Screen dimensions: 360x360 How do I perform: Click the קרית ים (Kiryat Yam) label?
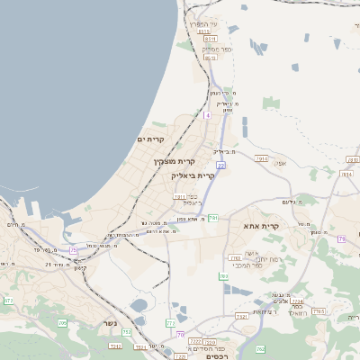(x=150, y=139)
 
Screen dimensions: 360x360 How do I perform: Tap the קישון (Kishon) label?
(x=80, y=268)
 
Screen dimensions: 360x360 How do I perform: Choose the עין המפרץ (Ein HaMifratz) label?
(x=203, y=24)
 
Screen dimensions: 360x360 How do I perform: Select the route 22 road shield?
(x=220, y=166)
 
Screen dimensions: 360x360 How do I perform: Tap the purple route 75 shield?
(x=74, y=250)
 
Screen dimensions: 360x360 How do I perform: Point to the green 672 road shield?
(x=8, y=300)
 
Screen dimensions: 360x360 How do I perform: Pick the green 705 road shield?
(x=63, y=322)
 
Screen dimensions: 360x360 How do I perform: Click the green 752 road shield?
(x=127, y=332)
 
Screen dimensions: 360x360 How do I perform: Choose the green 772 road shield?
(x=171, y=322)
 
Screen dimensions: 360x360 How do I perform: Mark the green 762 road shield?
(x=260, y=348)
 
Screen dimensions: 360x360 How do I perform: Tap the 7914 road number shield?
(x=262, y=158)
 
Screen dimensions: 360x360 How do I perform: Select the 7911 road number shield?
(x=179, y=196)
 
